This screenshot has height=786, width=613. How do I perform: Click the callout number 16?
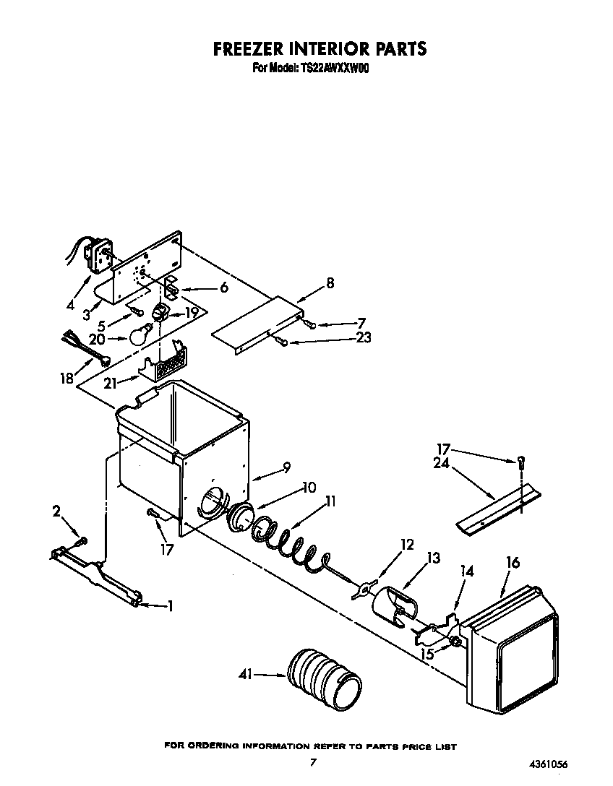click(513, 563)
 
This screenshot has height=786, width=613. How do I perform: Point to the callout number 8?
click(330, 283)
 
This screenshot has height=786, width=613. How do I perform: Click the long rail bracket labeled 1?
click(97, 578)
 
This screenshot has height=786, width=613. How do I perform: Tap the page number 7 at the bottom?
click(312, 762)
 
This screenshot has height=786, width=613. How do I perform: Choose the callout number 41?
click(247, 675)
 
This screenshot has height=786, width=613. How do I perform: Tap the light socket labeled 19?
click(160, 314)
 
